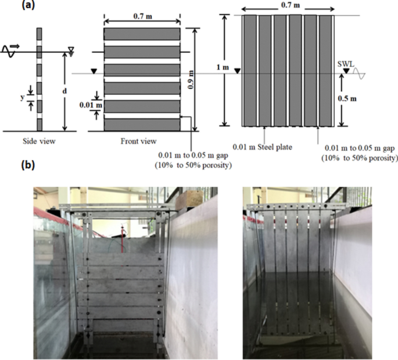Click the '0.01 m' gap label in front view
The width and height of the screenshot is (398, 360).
(x=89, y=105)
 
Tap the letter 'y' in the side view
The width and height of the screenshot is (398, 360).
(x=21, y=97)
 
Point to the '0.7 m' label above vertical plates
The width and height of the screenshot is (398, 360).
(x=288, y=5)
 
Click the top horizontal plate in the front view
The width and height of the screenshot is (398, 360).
(x=142, y=34)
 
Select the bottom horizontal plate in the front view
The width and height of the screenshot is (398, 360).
(x=142, y=124)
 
